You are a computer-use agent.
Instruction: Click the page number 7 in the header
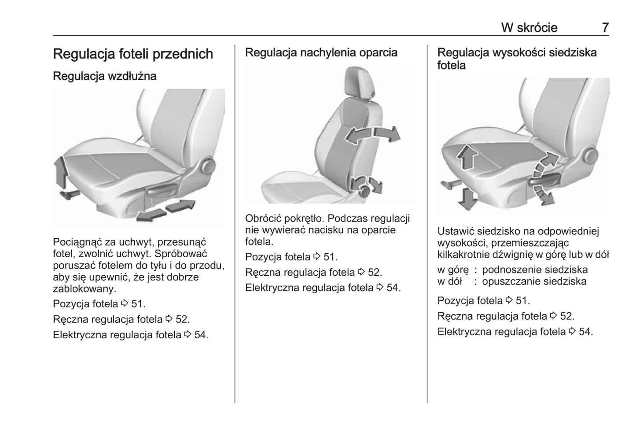pyautogui.click(x=605, y=27)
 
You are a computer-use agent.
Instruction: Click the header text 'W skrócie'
pyautogui.click(x=529, y=27)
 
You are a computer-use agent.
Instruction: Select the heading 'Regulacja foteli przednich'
pyautogui.click(x=133, y=54)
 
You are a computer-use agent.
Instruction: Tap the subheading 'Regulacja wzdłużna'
pyautogui.click(x=105, y=76)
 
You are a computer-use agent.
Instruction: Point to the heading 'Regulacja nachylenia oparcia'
pyautogui.click(x=321, y=52)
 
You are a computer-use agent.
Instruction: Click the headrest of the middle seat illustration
pyautogui.click(x=359, y=82)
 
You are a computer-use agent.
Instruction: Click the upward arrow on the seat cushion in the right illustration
pyautogui.click(x=467, y=158)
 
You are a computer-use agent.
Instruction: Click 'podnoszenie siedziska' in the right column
pyautogui.click(x=535, y=270)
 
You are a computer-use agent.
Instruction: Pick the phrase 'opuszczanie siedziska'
pyautogui.click(x=534, y=281)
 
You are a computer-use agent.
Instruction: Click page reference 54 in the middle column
pyautogui.click(x=392, y=288)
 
